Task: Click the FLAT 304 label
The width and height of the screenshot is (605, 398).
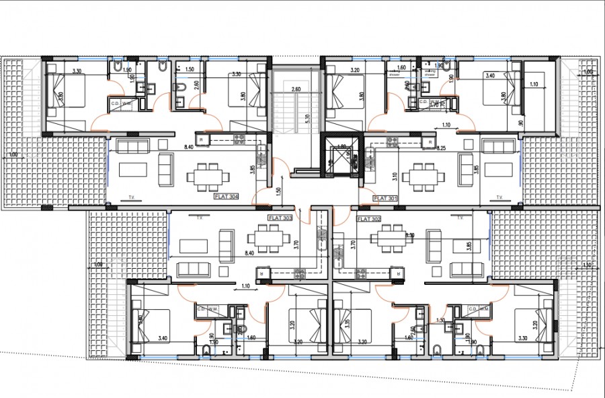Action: click(227, 197)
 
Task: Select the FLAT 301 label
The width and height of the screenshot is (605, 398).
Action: click(386, 198)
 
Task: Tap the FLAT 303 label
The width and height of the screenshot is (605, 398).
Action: click(280, 218)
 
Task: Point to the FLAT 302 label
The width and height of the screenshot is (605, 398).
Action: click(369, 219)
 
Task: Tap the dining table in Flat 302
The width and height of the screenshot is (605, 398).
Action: click(386, 240)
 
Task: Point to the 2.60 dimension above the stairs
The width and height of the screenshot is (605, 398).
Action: click(296, 90)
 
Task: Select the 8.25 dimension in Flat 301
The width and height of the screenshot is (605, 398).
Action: click(442, 147)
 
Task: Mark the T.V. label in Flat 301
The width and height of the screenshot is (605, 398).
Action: click(499, 198)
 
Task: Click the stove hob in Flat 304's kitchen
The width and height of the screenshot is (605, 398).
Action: click(238, 139)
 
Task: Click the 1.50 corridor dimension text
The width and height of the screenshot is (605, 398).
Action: click(278, 191)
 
